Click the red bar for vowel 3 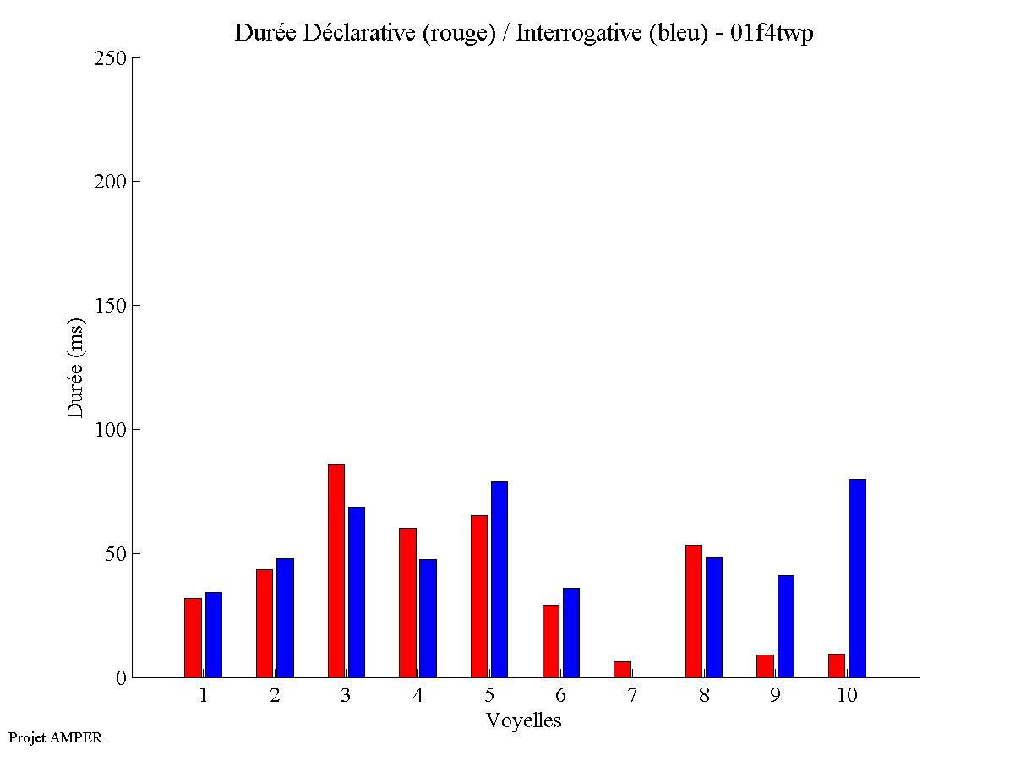tap(336, 570)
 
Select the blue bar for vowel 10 tap(857, 578)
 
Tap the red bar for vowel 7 tap(622, 669)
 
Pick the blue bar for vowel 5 tap(499, 579)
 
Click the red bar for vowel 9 tap(765, 666)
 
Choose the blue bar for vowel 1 tap(213, 634)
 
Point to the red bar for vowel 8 tap(693, 611)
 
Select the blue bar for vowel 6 tap(570, 633)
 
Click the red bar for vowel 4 tap(407, 602)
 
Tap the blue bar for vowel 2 tap(285, 617)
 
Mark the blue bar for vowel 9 tap(785, 626)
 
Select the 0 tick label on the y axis tap(120, 678)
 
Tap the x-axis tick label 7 tap(632, 695)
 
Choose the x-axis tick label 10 tap(847, 695)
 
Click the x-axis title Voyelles tap(523, 720)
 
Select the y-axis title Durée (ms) tap(76, 367)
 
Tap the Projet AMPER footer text tap(55, 737)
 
